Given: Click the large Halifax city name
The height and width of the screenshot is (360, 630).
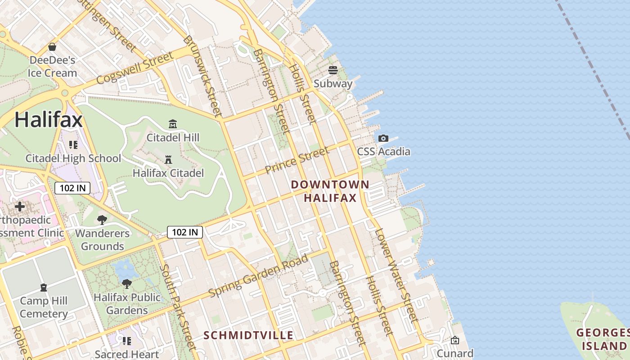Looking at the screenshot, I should click(49, 120).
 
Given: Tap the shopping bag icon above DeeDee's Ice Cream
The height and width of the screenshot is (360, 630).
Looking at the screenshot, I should click(52, 47).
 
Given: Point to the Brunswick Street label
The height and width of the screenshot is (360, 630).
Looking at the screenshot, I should click(203, 76).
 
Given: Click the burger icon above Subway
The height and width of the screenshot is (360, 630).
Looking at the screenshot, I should click(333, 70).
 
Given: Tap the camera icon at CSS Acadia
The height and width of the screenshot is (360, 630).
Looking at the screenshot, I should click(383, 138).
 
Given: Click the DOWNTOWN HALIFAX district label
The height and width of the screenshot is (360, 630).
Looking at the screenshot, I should click(330, 191).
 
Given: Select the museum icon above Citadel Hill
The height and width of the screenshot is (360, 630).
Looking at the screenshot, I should click(173, 124).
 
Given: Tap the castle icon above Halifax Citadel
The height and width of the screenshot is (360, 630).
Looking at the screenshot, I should click(168, 159).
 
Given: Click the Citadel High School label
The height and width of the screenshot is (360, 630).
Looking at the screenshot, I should click(73, 158).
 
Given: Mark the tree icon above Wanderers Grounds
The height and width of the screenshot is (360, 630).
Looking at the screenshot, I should click(102, 220).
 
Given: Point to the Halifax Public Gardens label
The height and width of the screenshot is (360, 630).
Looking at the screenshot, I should click(127, 304).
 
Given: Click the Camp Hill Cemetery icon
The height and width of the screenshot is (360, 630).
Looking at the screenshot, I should click(44, 287).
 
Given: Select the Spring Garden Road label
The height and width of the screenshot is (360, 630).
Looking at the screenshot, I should click(259, 275).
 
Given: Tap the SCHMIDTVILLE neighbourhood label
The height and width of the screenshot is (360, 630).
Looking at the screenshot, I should click(248, 335).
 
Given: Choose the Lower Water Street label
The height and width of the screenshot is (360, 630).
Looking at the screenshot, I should click(393, 275).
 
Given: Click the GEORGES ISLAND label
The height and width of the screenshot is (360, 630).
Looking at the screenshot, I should click(603, 339).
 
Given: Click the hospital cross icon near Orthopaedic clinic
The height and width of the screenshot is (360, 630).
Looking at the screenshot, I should click(20, 207).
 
